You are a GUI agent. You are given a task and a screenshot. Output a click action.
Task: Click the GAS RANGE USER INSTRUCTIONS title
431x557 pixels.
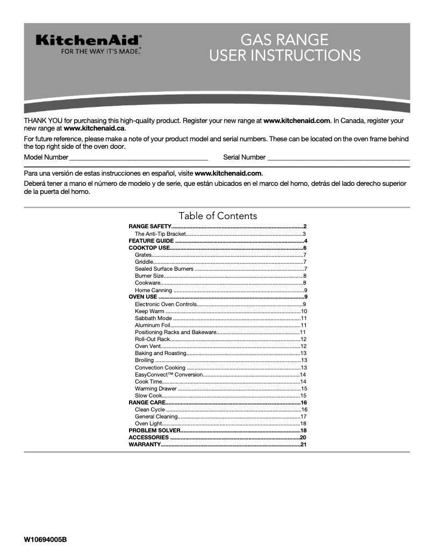[284, 47]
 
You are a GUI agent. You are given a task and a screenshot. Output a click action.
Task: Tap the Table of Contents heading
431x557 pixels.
[218, 216]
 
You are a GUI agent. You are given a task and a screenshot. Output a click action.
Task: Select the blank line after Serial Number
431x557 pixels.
[338, 157]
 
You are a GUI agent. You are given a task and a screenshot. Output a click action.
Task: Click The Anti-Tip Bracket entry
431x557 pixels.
[160, 234]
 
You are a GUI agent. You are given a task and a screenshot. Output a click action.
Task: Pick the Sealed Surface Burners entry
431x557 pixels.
[164, 269]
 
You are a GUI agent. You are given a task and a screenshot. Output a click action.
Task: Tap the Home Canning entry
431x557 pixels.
[153, 290]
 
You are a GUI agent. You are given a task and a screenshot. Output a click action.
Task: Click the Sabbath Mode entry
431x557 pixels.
[153, 318]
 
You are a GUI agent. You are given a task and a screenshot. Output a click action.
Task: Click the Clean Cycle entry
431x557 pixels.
[150, 409]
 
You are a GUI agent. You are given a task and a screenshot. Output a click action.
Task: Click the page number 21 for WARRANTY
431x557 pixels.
[303, 445]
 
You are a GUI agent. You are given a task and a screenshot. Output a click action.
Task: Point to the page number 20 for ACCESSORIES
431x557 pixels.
[303, 438]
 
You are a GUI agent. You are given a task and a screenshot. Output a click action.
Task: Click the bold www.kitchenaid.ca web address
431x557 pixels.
[94, 129]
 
